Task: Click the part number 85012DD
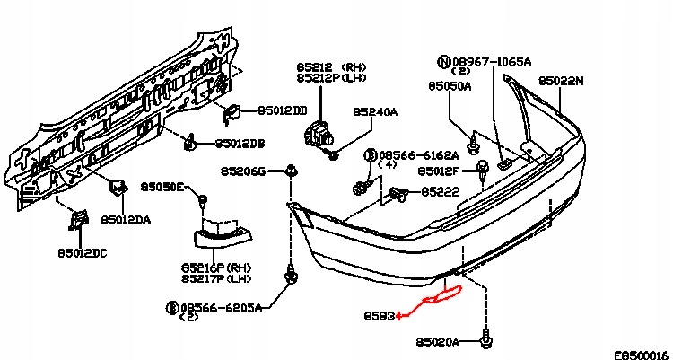point(283,110)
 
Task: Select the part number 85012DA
point(126,219)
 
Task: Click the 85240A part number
point(374,112)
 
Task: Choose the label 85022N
point(561,81)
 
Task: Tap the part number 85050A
point(450,87)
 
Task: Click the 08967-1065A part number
point(491,60)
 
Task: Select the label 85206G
point(243,171)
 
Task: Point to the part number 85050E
point(162,187)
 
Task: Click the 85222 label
point(440,191)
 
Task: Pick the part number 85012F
point(439,171)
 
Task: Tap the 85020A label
point(438,342)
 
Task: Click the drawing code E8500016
point(641,354)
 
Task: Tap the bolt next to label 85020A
point(486,340)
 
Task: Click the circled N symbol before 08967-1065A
point(444,61)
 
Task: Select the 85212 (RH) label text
point(328,66)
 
